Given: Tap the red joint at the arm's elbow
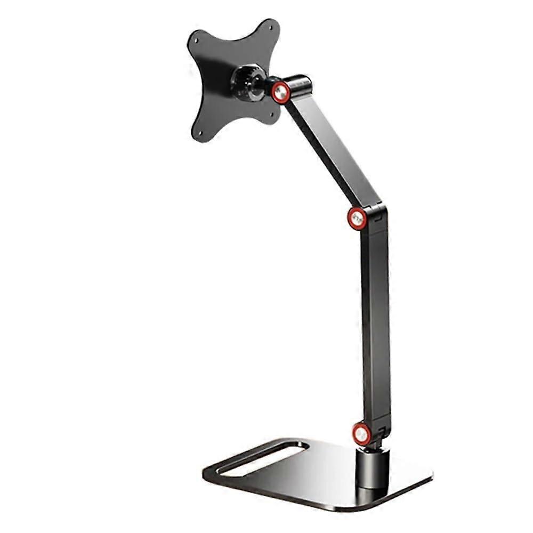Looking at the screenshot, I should click(357, 217).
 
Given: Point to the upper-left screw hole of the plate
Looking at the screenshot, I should click(196, 39).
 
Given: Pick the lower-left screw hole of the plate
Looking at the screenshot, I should click(201, 133).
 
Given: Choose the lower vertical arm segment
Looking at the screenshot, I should click(375, 320).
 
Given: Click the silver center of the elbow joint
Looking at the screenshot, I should click(357, 217).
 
